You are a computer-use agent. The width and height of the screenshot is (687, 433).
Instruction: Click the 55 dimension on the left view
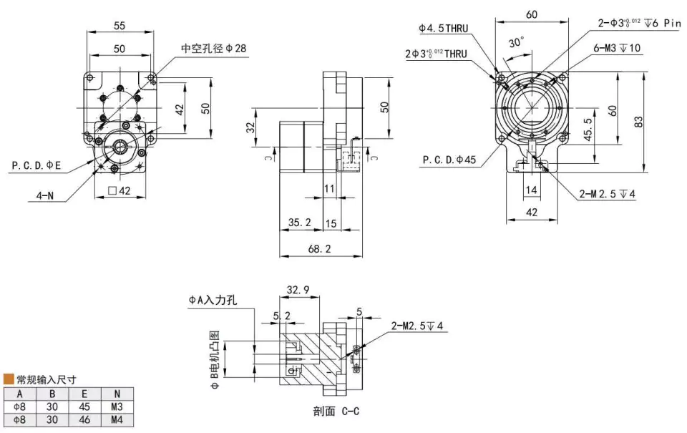tap(120, 25)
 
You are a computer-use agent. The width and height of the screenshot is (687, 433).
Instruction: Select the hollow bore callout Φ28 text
tap(214, 49)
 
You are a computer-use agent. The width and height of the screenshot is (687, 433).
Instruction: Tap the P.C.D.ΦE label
tap(36, 165)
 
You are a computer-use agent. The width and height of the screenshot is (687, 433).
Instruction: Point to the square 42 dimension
tap(119, 190)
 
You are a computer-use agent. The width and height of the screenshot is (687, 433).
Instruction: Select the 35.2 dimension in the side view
tap(300, 223)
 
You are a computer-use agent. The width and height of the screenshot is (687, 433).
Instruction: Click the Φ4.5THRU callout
tap(444, 29)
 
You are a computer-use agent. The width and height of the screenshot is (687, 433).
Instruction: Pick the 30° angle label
tap(516, 42)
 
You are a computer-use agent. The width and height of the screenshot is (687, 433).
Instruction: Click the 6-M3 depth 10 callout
tap(617, 48)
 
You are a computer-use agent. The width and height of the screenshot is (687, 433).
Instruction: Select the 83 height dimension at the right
tap(639, 122)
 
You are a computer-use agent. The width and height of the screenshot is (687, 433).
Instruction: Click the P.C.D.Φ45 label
tap(449, 160)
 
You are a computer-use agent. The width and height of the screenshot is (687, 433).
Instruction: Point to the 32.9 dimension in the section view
tap(298, 290)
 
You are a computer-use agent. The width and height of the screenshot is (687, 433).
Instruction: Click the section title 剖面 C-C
tap(335, 412)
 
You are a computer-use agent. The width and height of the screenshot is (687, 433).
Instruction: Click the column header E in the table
tap(84, 393)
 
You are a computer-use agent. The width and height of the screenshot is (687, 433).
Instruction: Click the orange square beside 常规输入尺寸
tap(9, 379)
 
